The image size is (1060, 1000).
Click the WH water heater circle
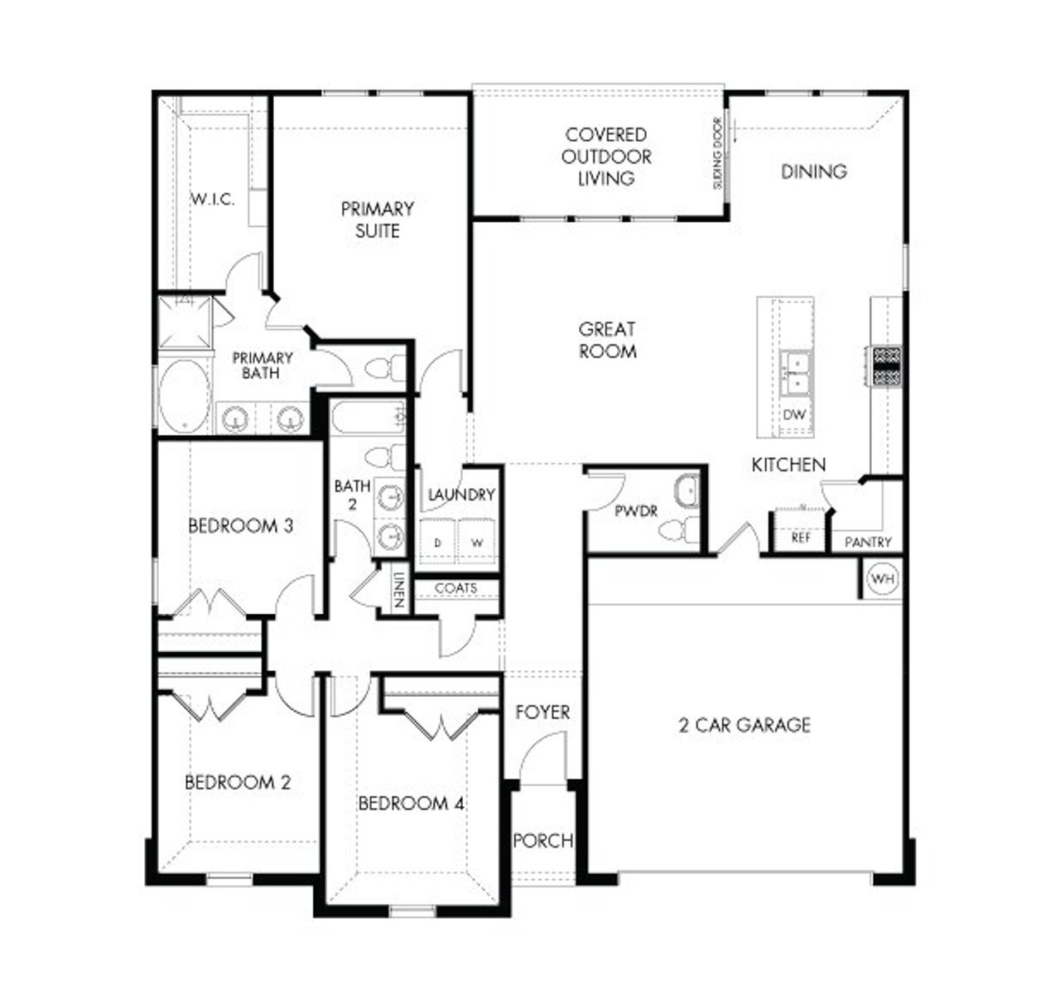pos(883,579)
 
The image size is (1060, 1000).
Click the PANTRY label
pos(868,542)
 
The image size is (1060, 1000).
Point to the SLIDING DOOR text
pos(718,153)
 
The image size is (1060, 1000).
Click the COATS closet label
pos(455,588)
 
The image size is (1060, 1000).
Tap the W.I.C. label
pos(213,200)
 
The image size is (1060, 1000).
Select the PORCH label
pos(542,841)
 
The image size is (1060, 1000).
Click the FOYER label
pos(542,713)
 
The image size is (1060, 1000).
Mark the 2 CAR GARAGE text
pos(744,726)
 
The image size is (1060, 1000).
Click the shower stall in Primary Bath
pos(185,323)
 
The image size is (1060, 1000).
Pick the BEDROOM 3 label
pos(240,526)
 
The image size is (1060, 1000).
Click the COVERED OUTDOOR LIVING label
pos(606,157)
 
